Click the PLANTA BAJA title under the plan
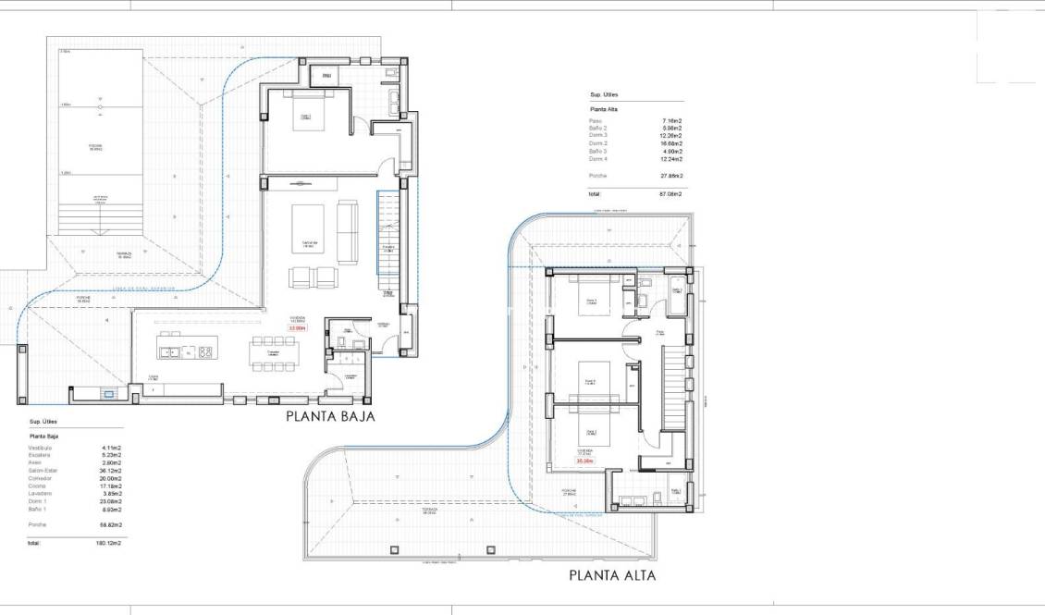coord(329,416)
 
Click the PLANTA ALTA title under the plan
coord(612,575)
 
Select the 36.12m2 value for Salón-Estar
coord(111,471)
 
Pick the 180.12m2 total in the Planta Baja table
coord(110,543)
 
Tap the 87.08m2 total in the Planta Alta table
coord(670,194)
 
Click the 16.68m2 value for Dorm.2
coord(671,143)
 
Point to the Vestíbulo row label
coord(41,448)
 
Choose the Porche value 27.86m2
coord(670,176)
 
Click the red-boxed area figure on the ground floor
coord(297,327)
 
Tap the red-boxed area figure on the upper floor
coord(584,461)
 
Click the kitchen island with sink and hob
coord(186,351)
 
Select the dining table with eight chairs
coord(274,353)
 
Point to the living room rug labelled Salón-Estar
coord(309,228)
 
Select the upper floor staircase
coord(675,388)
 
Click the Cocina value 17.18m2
coord(111,486)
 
